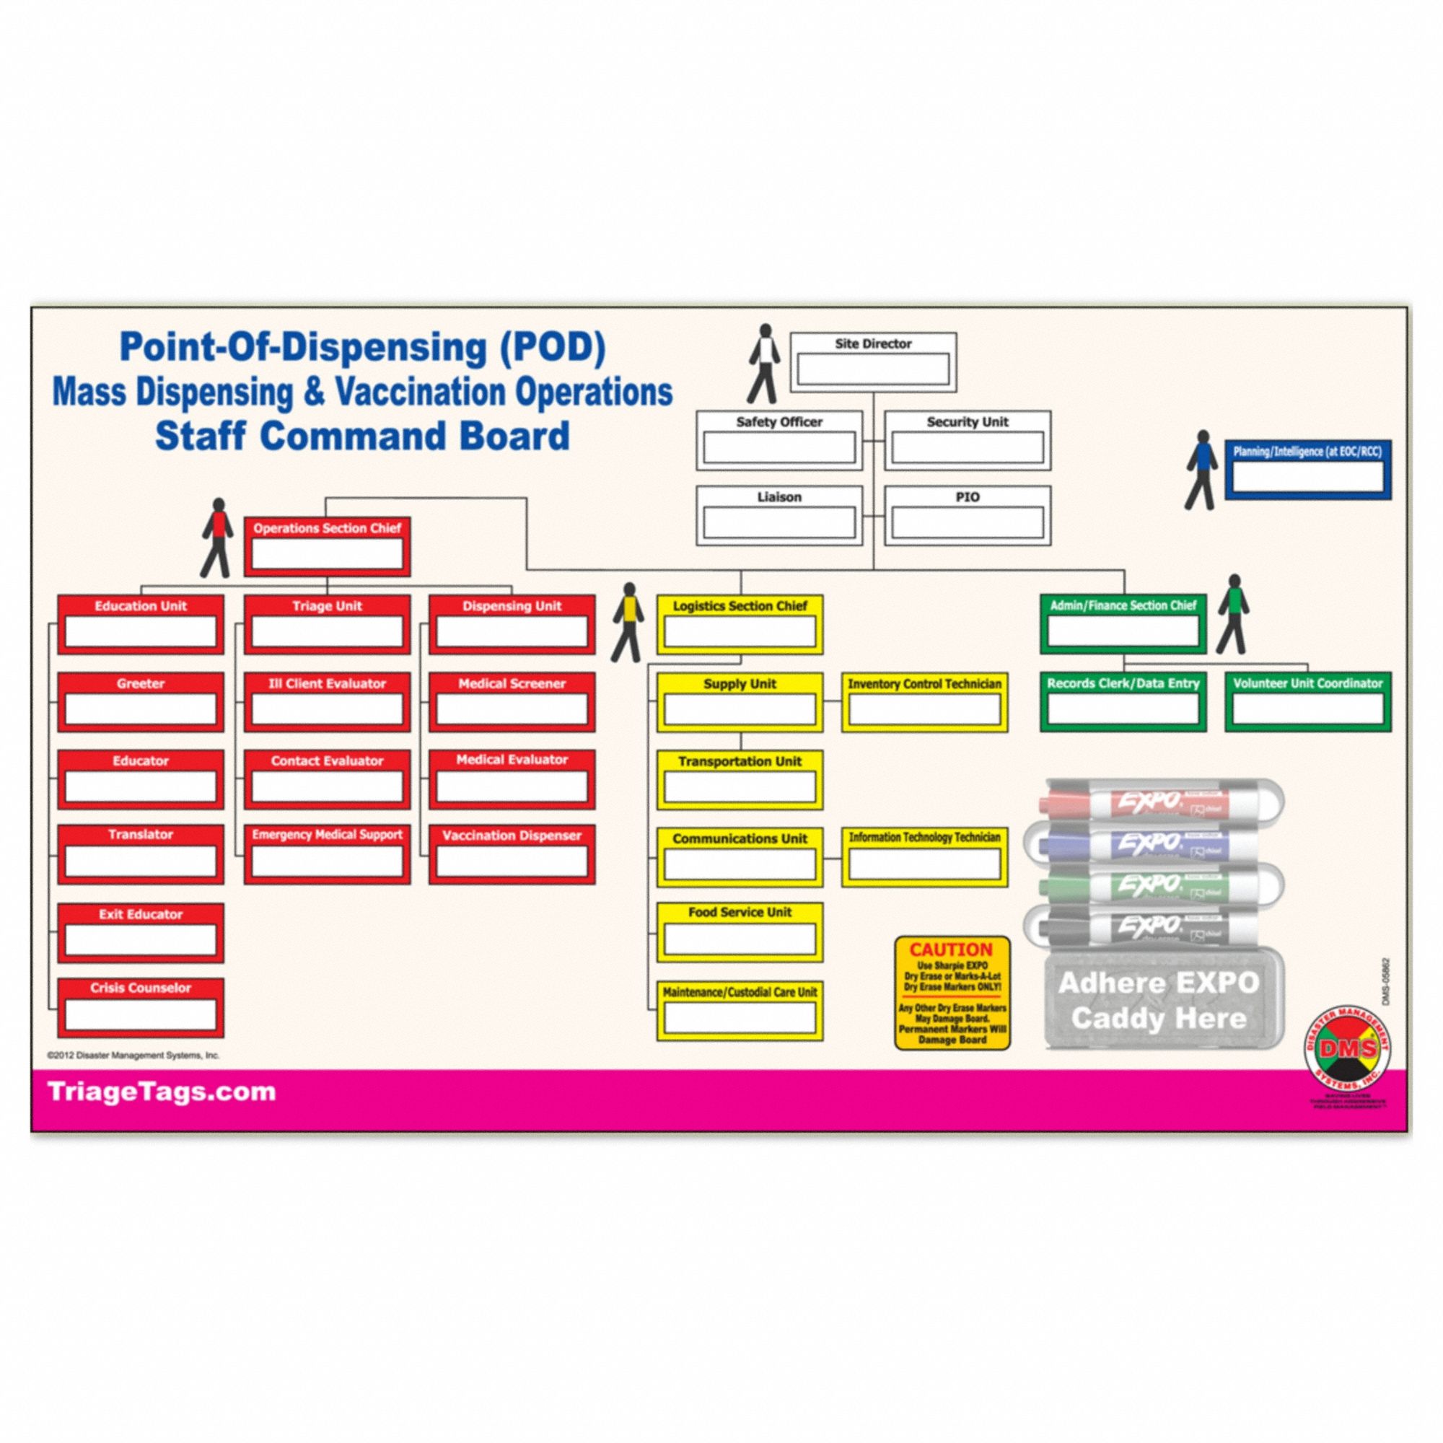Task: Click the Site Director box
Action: pyautogui.click(x=873, y=361)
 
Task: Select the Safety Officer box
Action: pyautogui.click(x=779, y=440)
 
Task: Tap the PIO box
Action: pyautogui.click(x=968, y=515)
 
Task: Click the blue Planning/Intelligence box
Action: pyautogui.click(x=1307, y=469)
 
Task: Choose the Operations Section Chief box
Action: pyautogui.click(x=326, y=547)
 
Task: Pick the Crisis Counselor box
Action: pyautogui.click(x=141, y=1007)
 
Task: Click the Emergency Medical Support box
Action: pyautogui.click(x=326, y=854)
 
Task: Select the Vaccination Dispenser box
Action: pyautogui.click(x=512, y=854)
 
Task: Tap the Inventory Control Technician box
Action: pyautogui.click(x=924, y=702)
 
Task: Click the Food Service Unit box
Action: pyautogui.click(x=740, y=931)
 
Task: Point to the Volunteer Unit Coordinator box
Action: pyautogui.click(x=1307, y=701)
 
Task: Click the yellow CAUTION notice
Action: pyautogui.click(x=952, y=994)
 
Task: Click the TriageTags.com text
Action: pyautogui.click(x=162, y=1092)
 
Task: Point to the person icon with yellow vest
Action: pyautogui.click(x=628, y=623)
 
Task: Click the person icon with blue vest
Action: pyautogui.click(x=1201, y=470)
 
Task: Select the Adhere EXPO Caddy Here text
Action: pyautogui.click(x=1159, y=1001)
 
